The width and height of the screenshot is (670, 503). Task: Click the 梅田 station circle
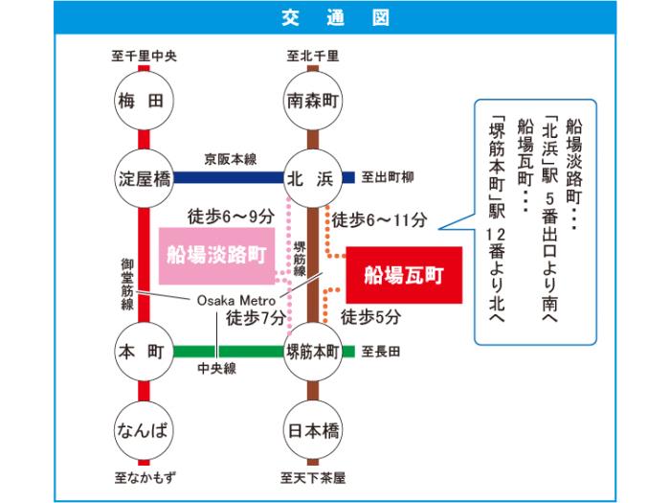coord(144,101)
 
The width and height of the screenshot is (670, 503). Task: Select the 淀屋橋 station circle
coord(144,178)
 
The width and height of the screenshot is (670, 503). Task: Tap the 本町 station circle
coord(144,351)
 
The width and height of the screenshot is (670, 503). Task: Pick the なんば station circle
coord(144,429)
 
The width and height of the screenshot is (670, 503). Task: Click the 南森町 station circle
coord(313,101)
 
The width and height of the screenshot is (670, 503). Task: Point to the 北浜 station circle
coord(313,178)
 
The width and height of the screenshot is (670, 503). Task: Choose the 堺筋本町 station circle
coord(313,351)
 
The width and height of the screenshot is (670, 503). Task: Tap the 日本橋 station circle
coord(313,429)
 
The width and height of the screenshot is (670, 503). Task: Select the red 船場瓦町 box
coord(404,274)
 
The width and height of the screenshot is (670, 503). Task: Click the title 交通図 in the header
coord(335,18)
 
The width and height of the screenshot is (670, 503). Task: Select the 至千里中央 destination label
coord(144,56)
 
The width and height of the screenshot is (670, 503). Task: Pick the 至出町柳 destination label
coord(387,178)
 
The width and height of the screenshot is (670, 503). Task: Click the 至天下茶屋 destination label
coord(313,476)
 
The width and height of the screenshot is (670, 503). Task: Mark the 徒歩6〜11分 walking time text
coord(379,220)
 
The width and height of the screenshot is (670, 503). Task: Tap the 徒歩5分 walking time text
coord(371,316)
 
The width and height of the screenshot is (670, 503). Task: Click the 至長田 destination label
coord(381,352)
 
